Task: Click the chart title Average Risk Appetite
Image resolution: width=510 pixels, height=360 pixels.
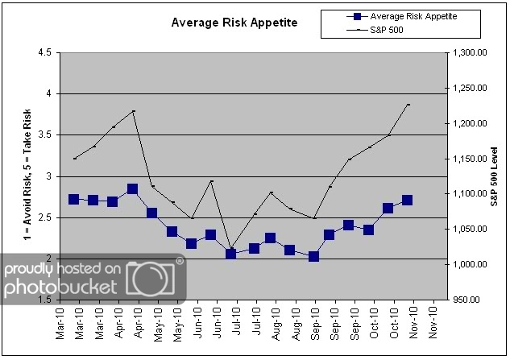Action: point(234,23)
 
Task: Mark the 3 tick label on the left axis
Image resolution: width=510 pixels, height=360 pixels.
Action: point(48,176)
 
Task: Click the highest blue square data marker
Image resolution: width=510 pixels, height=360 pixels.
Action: point(132,189)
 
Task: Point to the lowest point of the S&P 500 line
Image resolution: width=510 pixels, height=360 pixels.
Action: point(231,249)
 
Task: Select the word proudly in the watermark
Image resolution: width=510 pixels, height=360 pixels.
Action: point(29,268)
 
